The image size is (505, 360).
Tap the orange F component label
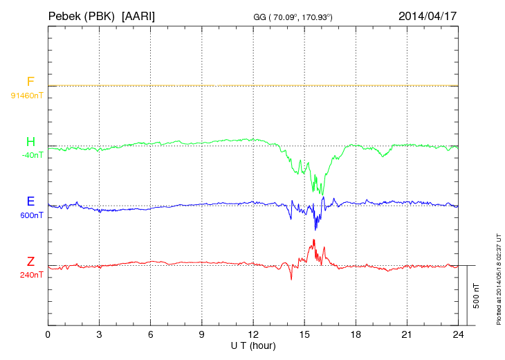[30, 82]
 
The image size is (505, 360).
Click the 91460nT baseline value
[27, 95]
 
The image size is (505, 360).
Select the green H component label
[30, 142]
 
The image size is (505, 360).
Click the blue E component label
[30, 202]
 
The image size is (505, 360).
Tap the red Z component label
[30, 262]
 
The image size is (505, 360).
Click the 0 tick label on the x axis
[48, 335]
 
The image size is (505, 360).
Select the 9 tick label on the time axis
[202, 335]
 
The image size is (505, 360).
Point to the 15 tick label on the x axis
[304, 335]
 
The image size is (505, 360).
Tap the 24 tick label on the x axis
[458, 335]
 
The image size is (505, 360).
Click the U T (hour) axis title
[253, 345]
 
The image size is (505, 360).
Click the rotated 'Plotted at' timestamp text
[498, 278]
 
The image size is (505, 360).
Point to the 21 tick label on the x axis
[407, 335]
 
